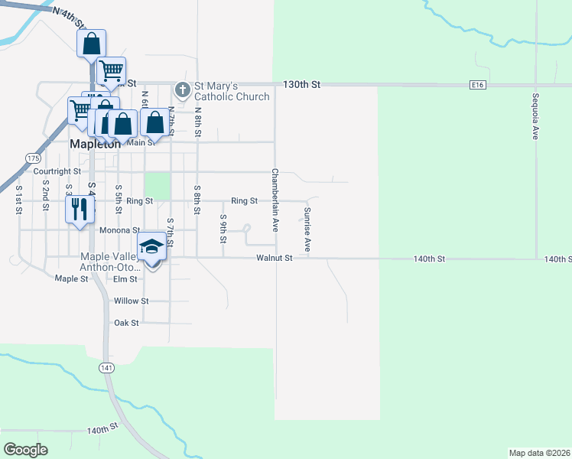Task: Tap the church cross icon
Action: [182, 90]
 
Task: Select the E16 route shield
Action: [479, 85]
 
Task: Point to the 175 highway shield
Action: [32, 158]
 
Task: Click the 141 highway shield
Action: [106, 368]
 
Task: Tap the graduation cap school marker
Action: [151, 247]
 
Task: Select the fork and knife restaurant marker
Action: [80, 210]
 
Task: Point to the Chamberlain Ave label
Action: [275, 200]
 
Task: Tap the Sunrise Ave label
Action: [307, 229]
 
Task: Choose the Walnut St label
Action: [275, 259]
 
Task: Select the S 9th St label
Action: [223, 229]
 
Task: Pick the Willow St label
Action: [131, 301]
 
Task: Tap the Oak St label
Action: [126, 323]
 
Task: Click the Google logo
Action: [26, 449]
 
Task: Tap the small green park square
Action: [156, 186]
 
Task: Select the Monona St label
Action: [119, 229]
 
